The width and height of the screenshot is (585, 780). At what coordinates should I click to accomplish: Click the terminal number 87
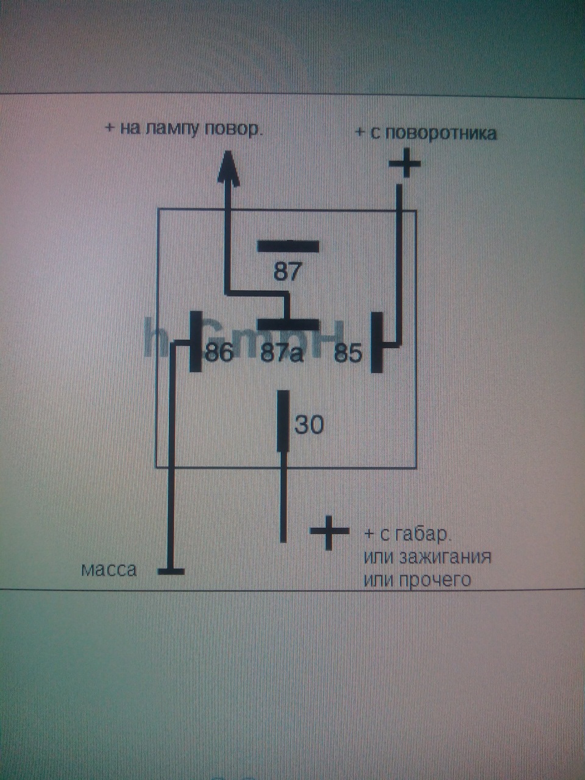click(287, 271)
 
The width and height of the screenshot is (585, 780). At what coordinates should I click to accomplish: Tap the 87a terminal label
click(281, 353)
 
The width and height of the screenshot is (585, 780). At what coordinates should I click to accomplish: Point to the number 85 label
click(348, 353)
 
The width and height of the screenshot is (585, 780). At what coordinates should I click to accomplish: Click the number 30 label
click(309, 425)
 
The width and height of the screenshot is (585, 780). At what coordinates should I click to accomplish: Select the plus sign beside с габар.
click(330, 532)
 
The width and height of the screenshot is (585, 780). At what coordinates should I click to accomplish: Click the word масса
click(109, 570)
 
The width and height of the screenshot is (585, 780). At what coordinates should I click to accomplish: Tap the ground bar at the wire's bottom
click(171, 571)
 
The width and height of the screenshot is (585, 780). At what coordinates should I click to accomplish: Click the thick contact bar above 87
click(288, 247)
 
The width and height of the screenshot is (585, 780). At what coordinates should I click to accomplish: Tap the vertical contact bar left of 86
click(196, 342)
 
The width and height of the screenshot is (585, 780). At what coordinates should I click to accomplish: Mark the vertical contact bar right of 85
click(378, 342)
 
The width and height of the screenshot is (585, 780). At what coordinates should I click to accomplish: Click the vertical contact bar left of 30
click(283, 421)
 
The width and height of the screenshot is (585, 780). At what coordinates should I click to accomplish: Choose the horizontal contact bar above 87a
click(287, 325)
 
